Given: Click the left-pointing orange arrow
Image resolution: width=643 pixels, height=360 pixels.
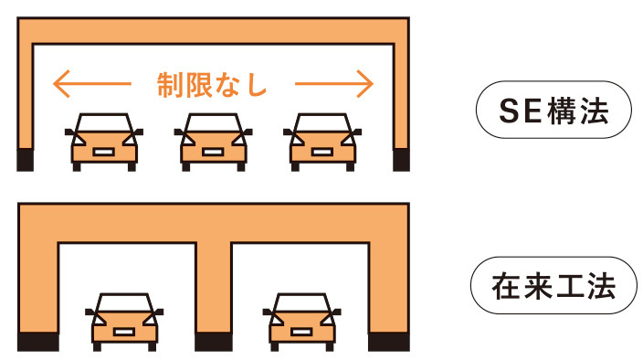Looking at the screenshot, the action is [x=92, y=84].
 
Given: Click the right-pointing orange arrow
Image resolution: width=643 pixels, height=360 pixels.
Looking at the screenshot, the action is [x=334, y=84].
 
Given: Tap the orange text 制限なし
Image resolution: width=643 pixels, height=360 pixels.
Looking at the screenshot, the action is [x=212, y=85].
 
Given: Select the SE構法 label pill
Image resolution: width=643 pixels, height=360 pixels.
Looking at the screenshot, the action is [x=553, y=110].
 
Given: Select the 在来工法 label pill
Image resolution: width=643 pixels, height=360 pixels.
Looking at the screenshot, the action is [x=553, y=285].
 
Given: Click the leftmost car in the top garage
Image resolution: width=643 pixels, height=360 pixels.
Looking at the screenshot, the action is [x=104, y=143].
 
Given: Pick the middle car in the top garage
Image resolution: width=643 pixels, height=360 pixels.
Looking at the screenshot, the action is [x=213, y=143].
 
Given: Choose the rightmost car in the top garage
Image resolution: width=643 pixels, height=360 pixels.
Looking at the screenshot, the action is [x=322, y=143].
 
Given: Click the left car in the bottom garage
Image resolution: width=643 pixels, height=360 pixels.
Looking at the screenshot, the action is [x=124, y=323].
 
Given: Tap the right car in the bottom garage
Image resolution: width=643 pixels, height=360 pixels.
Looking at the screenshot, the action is [x=301, y=323].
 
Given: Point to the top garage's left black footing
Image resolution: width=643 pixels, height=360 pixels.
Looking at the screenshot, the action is [x=25, y=160].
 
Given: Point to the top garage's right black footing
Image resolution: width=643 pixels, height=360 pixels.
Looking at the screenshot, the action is [x=401, y=160].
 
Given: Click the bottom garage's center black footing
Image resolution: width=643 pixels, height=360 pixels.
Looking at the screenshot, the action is [x=213, y=342].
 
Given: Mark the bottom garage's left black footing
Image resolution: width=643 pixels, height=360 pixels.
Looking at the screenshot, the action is [x=38, y=342].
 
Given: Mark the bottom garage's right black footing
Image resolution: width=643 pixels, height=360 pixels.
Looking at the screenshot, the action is [x=389, y=342].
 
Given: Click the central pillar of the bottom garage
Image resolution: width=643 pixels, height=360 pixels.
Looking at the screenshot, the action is [x=213, y=287].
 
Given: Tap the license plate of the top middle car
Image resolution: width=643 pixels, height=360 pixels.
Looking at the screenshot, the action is [x=213, y=152].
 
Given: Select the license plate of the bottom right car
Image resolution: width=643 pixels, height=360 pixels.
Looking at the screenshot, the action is [x=301, y=332].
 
